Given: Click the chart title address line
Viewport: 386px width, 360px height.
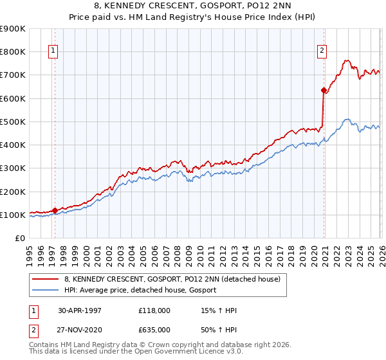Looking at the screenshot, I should coord(193,6).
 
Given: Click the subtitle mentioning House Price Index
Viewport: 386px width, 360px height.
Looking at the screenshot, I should coord(193,17).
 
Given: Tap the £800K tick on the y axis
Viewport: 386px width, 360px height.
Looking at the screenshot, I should coord(13,51).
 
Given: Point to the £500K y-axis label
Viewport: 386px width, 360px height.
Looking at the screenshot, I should coord(13,122).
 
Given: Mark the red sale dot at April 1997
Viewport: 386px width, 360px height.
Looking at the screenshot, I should coord(55,210).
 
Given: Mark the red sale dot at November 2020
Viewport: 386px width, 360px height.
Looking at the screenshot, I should coord(324,90).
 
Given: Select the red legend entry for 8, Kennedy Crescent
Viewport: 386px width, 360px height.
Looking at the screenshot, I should coord(172,280).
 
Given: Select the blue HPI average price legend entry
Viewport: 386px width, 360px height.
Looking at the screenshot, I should coord(140,291).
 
